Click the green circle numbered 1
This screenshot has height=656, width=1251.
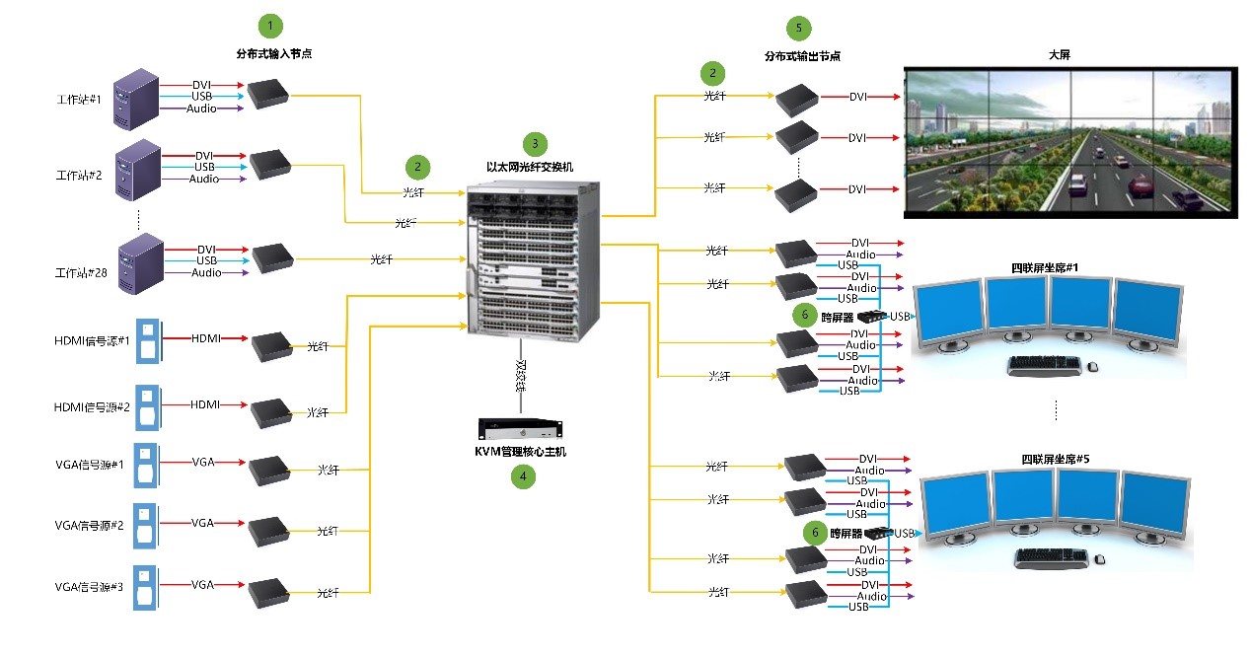coord(269,25)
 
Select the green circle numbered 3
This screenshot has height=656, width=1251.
coord(534,142)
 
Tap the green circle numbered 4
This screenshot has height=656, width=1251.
coord(522,475)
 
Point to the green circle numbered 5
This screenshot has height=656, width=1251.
coord(798,28)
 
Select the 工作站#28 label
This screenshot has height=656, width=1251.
coord(79,271)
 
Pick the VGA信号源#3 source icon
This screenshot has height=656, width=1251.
coord(145,586)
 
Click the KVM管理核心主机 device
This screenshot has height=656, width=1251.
coord(520,429)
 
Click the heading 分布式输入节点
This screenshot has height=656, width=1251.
coord(269,52)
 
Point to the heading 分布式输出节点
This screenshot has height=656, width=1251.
coord(802,56)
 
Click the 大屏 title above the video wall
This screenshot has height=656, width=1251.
coord(1059,55)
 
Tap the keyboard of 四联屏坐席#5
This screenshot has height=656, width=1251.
coord(1052,557)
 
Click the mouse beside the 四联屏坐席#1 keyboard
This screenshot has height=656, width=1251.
coord(1092,368)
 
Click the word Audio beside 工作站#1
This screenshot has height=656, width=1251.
coord(202,109)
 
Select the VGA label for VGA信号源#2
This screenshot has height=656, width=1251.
coord(202,522)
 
